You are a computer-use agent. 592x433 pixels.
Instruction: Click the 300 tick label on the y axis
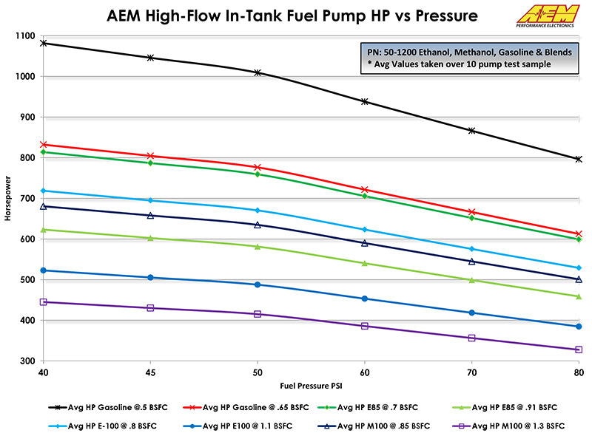28,361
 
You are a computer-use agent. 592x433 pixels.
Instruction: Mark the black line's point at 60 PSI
364,101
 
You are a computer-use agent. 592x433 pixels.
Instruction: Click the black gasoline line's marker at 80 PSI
579,159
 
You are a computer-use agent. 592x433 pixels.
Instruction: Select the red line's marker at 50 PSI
258,168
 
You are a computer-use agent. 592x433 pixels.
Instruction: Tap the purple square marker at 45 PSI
150,308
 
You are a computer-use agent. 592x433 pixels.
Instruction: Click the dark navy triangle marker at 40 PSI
44,206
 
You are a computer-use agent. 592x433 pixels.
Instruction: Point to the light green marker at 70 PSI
471,280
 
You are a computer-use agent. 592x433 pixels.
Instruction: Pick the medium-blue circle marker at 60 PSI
364,299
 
